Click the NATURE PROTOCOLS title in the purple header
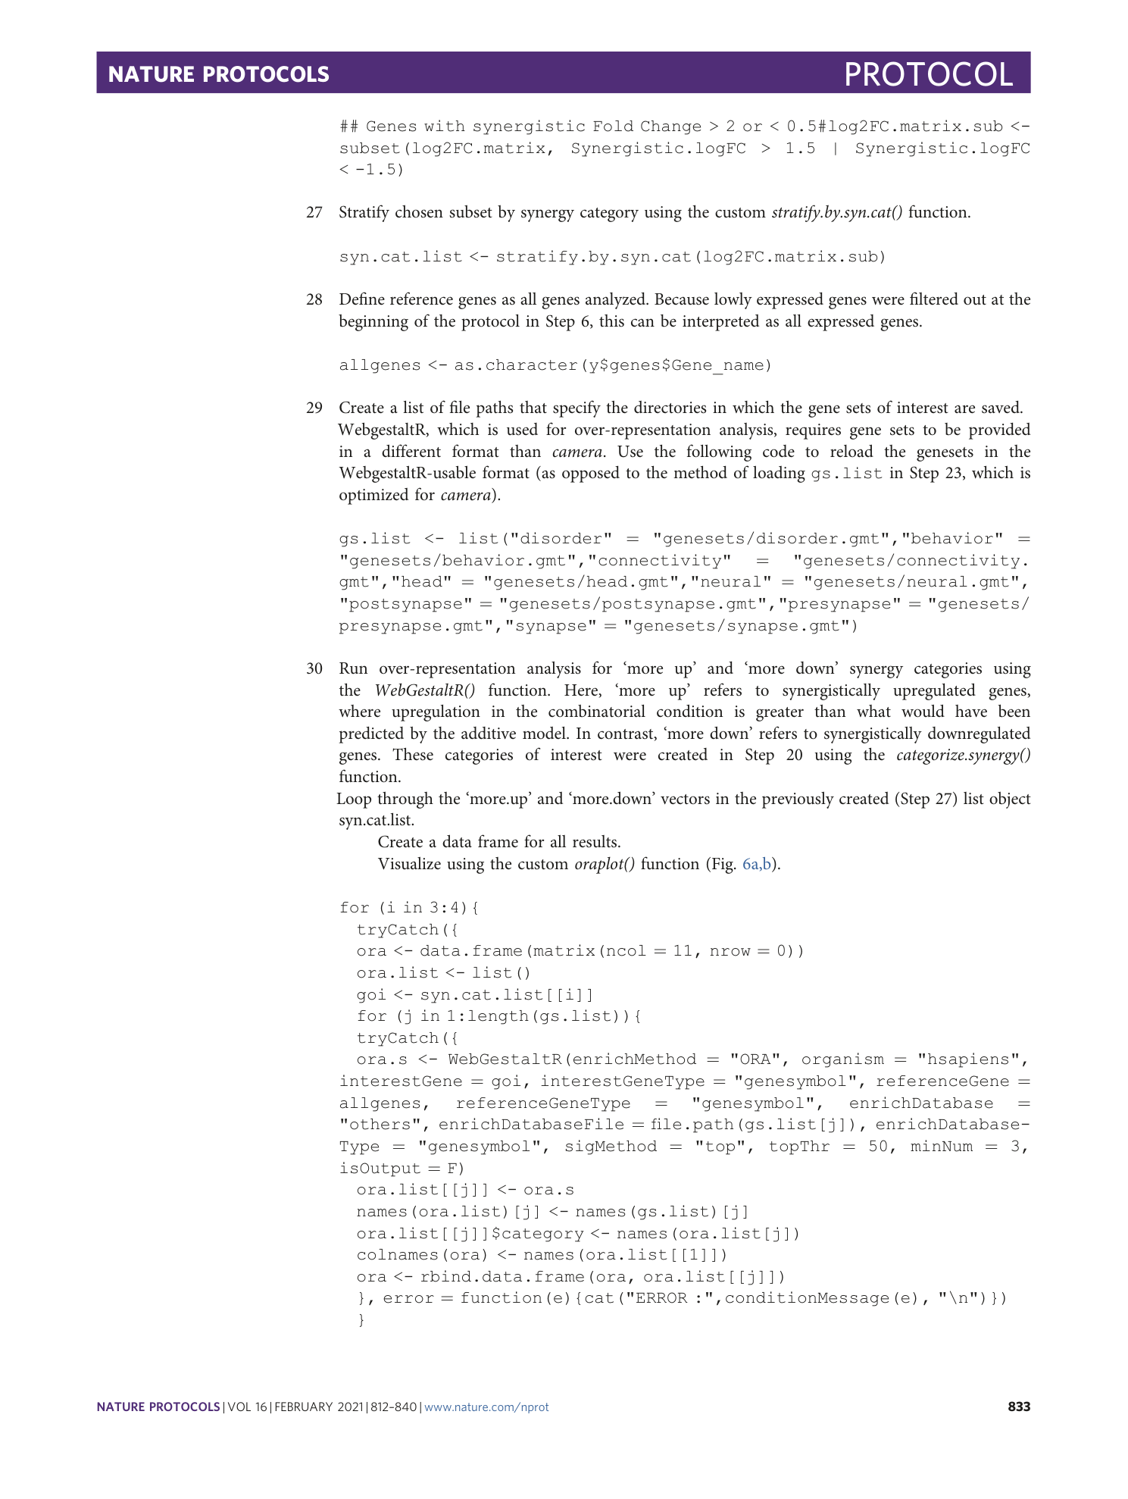pos(218,74)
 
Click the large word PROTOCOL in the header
pos(928,74)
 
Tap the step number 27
pos(314,213)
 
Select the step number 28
pos(314,300)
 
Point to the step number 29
pos(314,408)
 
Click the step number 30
pos(314,669)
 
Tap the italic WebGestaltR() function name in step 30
pos(425,691)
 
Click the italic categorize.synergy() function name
pos(963,756)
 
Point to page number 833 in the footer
pos(1019,1407)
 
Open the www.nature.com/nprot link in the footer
pos(486,1407)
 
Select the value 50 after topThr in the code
pos(878,1147)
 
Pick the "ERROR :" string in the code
pos(662,1298)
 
